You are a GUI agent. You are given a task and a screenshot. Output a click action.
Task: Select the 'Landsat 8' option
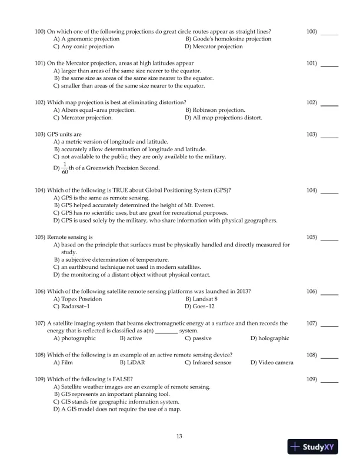pyautogui.click(x=202, y=299)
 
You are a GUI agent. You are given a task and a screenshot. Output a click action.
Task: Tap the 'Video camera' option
pyautogui.click(x=275, y=362)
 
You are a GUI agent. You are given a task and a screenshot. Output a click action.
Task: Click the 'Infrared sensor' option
pyautogui.click(x=207, y=362)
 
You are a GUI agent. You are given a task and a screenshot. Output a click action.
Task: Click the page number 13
pyautogui.click(x=180, y=435)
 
